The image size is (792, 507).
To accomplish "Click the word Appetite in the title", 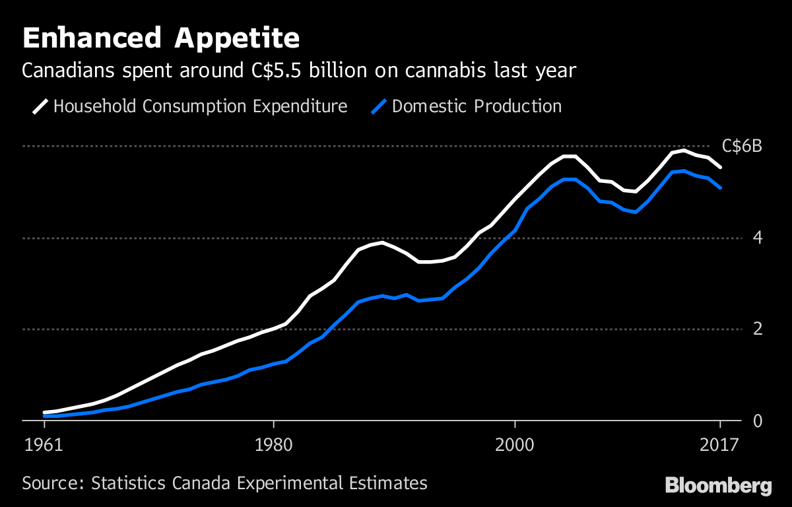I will tap(238, 39).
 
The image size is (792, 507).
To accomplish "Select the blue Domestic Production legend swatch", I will tap(379, 106).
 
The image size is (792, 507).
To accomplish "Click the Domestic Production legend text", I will tap(477, 106).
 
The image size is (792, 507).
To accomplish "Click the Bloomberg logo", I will tap(718, 486).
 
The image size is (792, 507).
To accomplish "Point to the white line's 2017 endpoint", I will tap(721, 168).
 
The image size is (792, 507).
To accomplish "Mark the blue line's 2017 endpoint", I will tap(721, 188).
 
